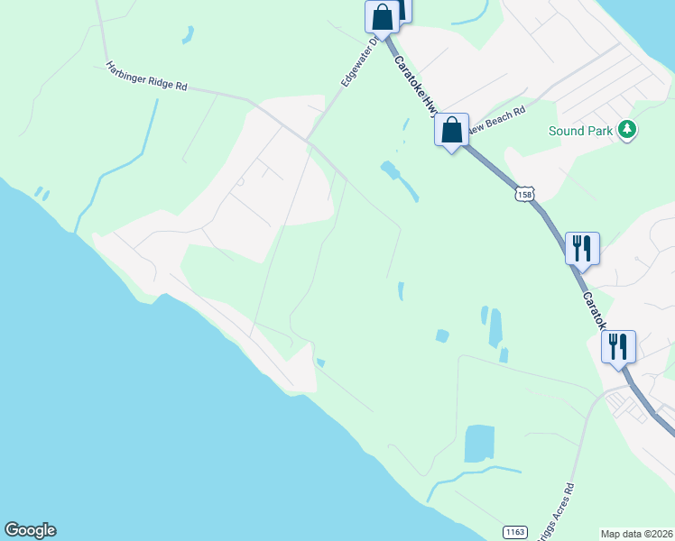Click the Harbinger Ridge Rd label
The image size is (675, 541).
[x=146, y=75]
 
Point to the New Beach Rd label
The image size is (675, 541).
[x=496, y=120]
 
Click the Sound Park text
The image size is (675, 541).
[x=580, y=131]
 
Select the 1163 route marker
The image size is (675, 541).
[x=514, y=532]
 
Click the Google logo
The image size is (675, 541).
[x=30, y=530]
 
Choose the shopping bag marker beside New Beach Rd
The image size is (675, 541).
[x=452, y=130]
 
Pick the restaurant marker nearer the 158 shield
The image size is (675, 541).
[x=582, y=247]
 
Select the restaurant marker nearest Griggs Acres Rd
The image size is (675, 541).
[x=618, y=346]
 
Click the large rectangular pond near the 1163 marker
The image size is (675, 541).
[x=478, y=444]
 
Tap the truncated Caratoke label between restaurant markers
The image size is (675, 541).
[x=595, y=309]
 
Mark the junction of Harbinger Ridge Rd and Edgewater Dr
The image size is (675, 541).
[x=308, y=139]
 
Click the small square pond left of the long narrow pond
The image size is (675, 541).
[x=441, y=335]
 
